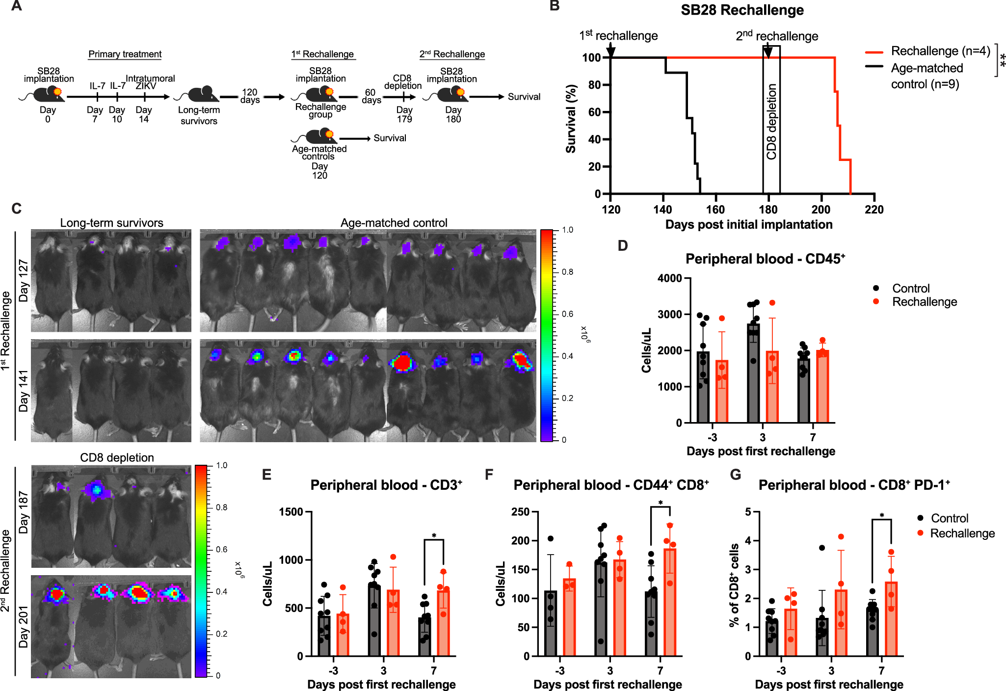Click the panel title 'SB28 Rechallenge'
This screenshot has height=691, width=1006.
742,10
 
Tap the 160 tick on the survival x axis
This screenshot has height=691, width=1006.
715,210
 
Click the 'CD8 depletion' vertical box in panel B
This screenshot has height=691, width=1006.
771,120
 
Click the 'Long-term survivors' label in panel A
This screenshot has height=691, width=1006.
199,115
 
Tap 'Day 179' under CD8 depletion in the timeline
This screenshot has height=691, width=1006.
404,114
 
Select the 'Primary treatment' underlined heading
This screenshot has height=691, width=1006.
125,54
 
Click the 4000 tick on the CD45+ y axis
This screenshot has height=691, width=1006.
669,278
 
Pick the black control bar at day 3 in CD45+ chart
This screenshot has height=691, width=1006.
753,373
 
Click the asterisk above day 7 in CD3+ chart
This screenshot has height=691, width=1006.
434,535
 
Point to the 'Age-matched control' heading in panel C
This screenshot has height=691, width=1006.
394,223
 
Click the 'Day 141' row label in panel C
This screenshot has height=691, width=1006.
24,390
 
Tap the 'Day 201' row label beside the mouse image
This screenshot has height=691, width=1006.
24,627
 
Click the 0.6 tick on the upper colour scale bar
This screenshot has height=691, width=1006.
567,314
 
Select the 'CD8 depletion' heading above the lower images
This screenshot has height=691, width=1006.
117,457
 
